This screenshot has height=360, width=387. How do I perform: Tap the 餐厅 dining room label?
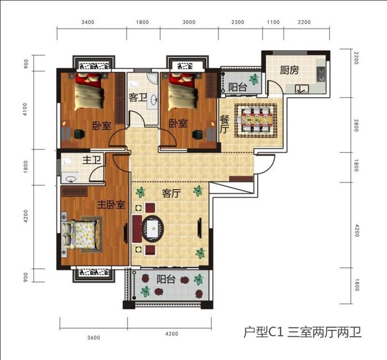pos(224,124)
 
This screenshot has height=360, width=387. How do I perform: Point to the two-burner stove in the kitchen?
pos(320,74)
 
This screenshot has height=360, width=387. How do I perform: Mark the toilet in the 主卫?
pos(67,161)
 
